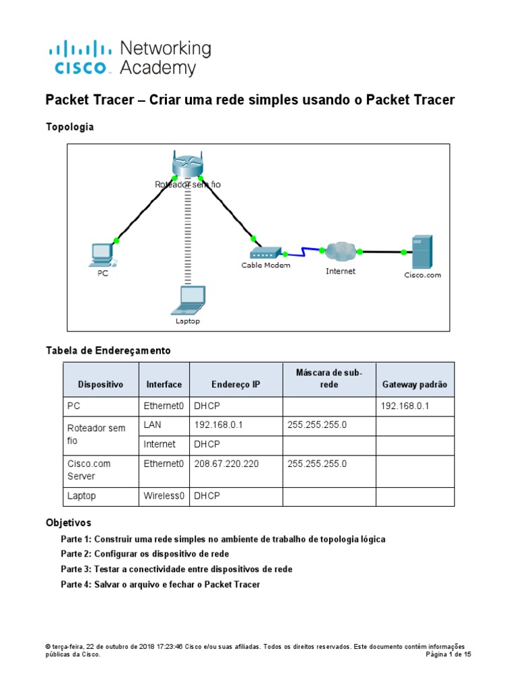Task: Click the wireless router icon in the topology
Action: click(187, 164)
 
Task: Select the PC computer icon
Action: click(103, 255)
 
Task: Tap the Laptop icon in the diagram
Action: click(188, 301)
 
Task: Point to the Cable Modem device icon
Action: click(265, 253)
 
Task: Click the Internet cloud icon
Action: click(341, 252)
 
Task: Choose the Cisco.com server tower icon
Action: click(422, 252)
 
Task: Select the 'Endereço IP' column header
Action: click(235, 385)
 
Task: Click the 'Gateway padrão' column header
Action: click(415, 385)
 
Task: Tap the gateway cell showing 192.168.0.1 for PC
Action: click(405, 406)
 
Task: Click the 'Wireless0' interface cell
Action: click(164, 496)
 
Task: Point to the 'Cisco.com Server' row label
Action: click(89, 470)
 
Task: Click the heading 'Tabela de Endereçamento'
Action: click(108, 350)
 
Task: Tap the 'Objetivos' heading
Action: click(68, 522)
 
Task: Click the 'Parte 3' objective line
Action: click(176, 569)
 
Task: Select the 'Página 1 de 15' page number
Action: click(449, 654)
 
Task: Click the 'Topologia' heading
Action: click(69, 126)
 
